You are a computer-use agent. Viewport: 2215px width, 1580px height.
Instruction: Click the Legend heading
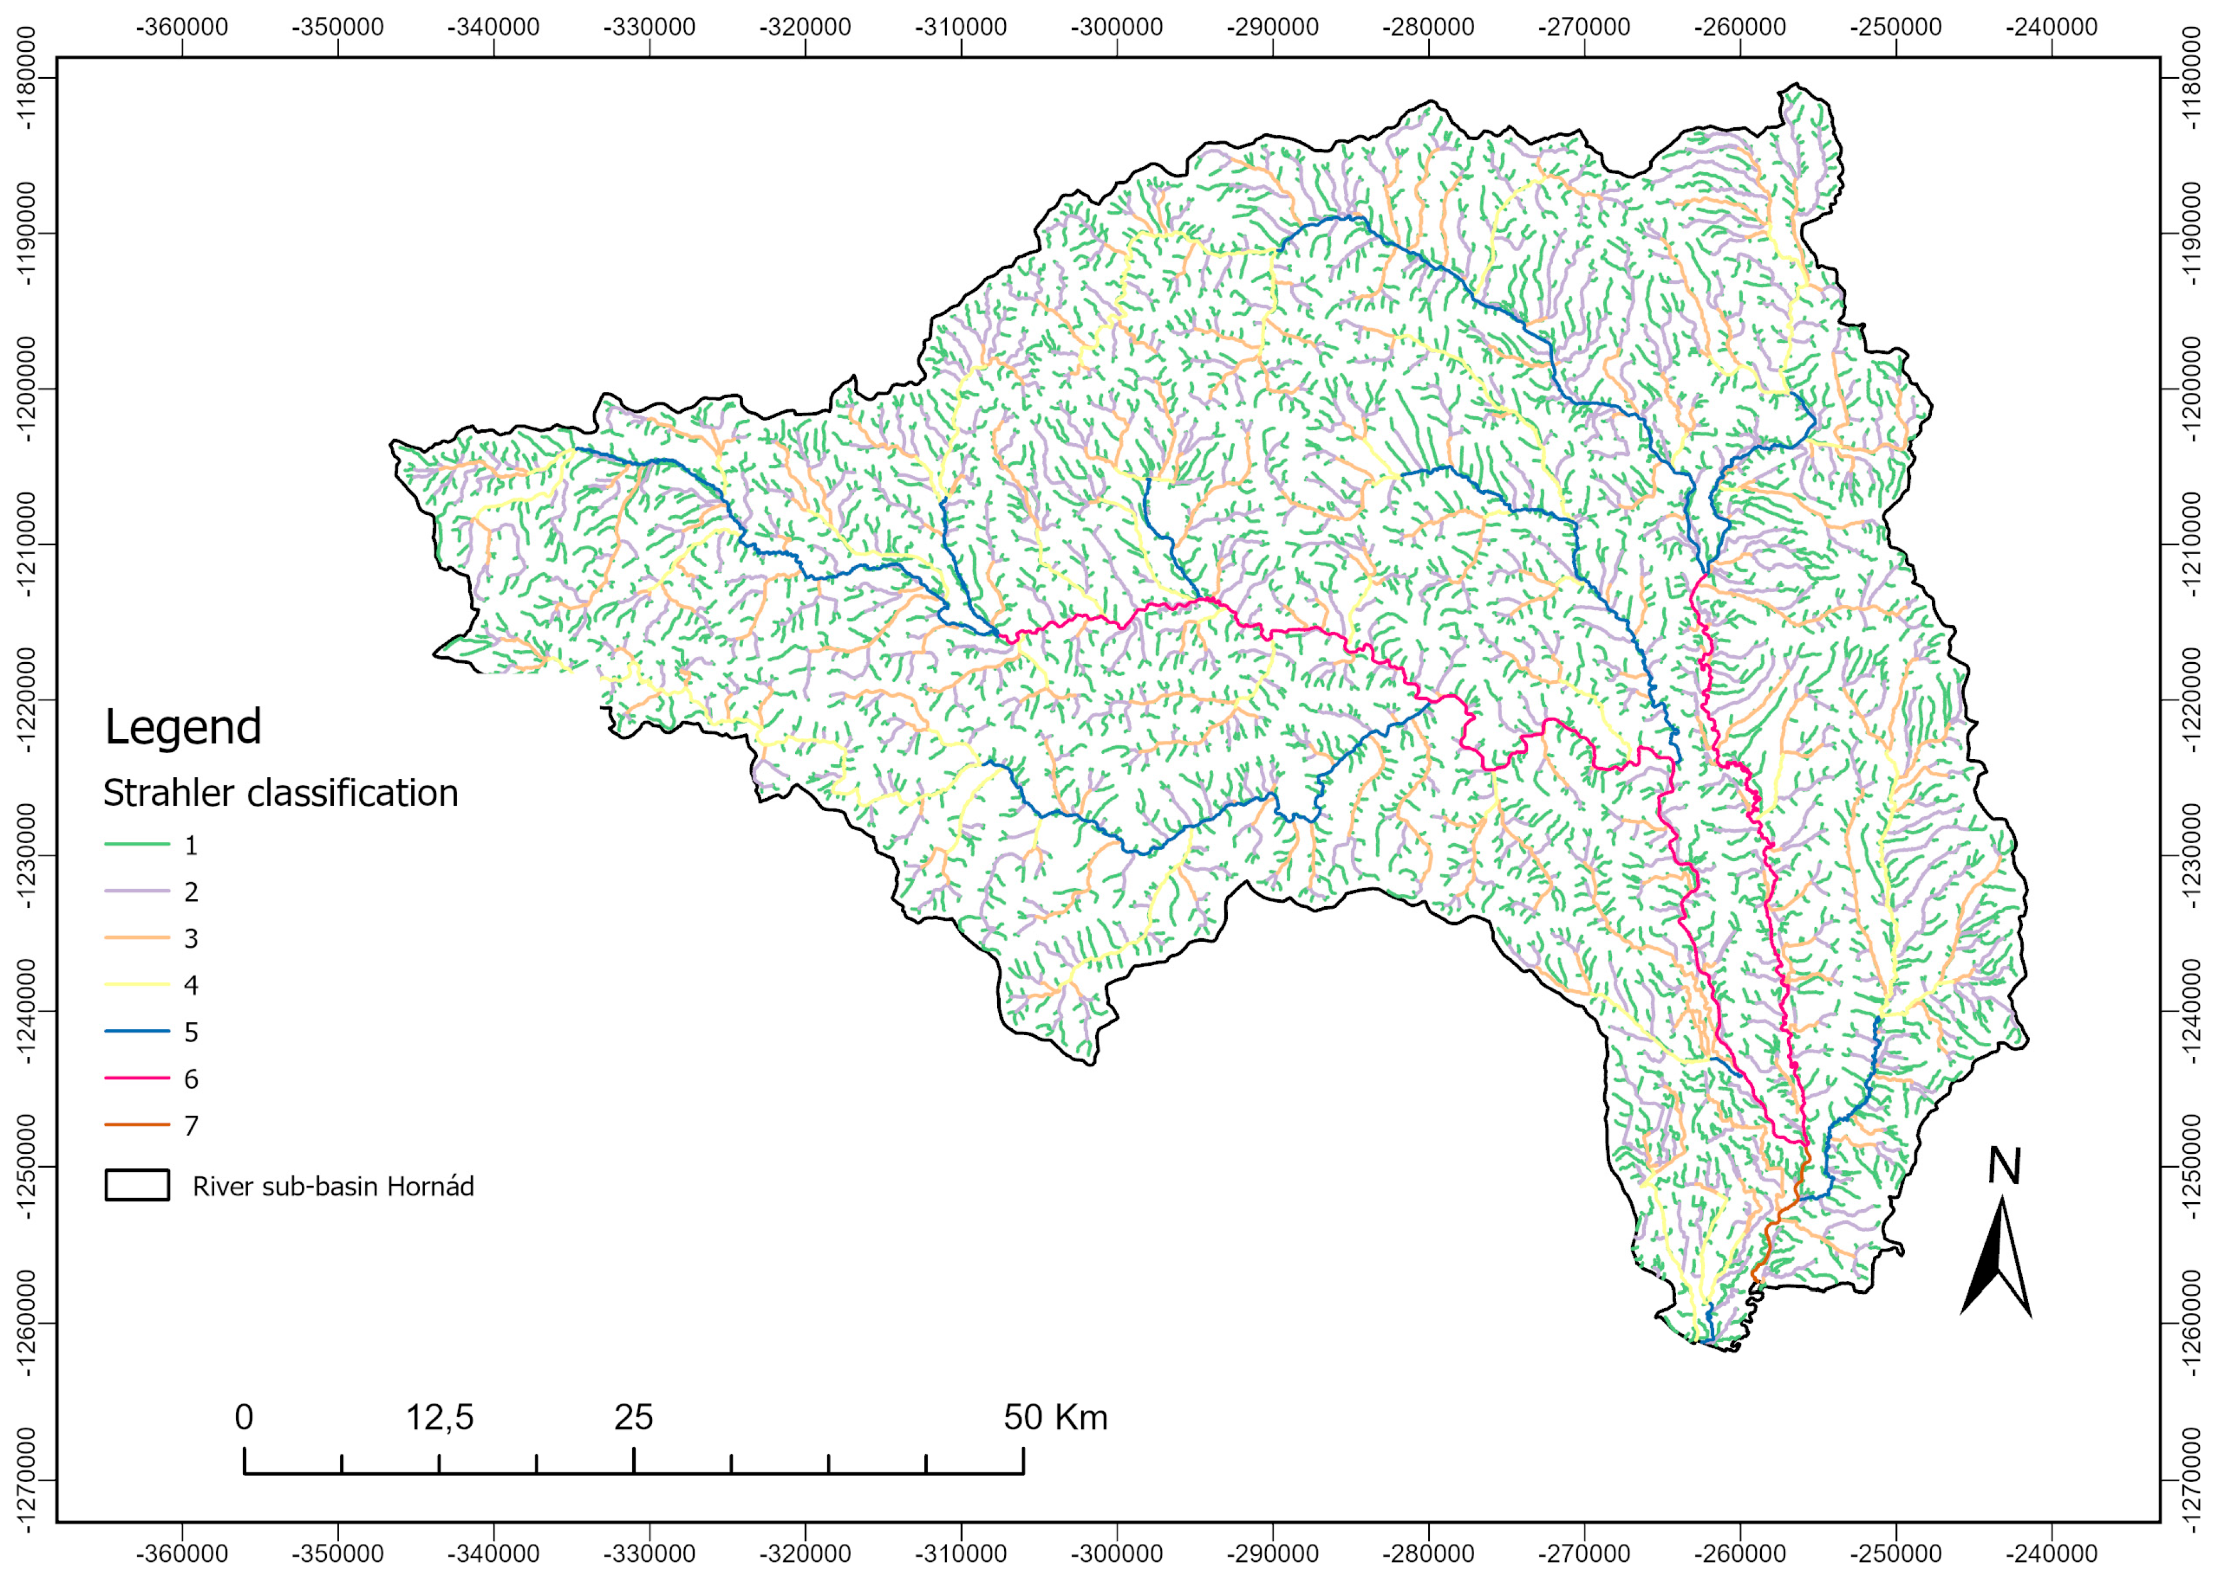[183, 728]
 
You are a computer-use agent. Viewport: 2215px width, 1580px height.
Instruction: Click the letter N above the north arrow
[2004, 1165]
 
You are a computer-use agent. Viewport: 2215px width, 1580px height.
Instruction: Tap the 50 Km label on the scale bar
[1056, 1418]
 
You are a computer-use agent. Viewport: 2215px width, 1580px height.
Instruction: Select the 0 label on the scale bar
[244, 1418]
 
